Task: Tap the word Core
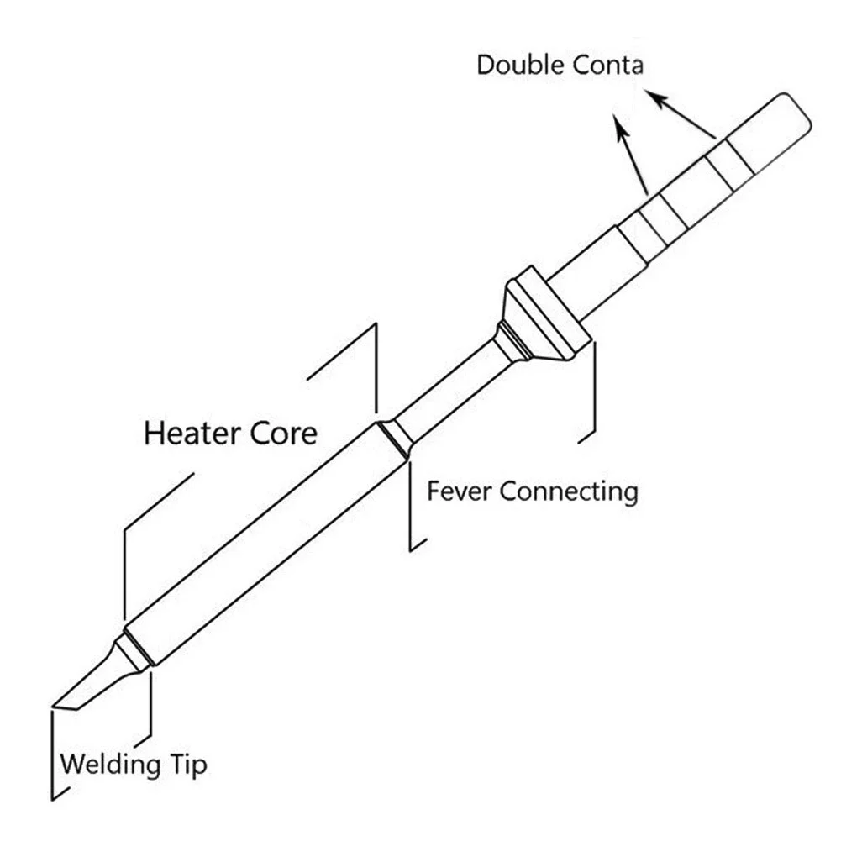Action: tap(285, 434)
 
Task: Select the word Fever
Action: tap(459, 491)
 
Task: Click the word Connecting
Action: tap(569, 491)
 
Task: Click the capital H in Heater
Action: tap(154, 434)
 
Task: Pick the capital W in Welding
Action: tap(72, 765)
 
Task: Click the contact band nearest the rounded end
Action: tap(728, 165)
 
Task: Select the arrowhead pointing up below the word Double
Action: tap(618, 124)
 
